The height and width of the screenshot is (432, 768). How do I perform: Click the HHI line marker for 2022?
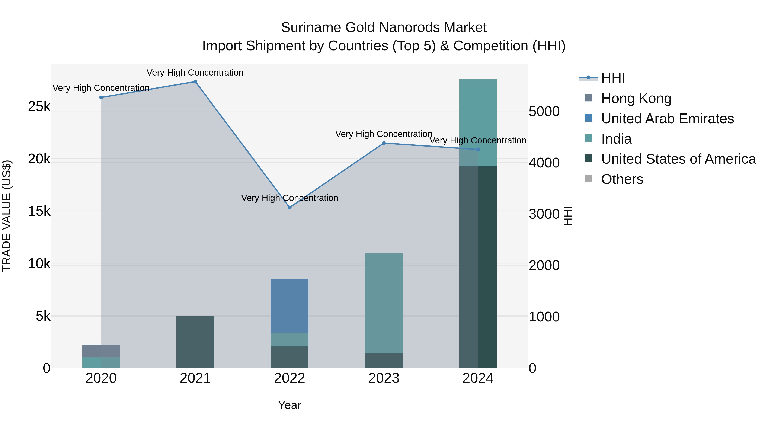(289, 208)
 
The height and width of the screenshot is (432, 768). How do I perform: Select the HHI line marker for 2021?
(195, 82)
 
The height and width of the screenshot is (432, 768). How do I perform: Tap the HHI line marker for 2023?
(384, 143)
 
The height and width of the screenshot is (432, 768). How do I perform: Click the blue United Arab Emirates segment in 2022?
(289, 305)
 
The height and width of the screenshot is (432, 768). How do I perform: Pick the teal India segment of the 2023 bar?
(384, 303)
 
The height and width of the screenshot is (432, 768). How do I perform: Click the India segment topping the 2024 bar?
(478, 122)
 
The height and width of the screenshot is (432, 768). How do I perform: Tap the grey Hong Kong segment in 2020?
(101, 351)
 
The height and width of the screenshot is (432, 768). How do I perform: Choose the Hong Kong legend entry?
(636, 98)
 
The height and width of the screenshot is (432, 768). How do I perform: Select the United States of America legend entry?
(678, 159)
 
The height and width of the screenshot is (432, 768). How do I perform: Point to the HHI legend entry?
(613, 78)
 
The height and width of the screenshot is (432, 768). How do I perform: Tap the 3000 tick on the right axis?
(544, 214)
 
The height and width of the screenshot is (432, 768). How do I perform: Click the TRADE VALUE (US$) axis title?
(7, 216)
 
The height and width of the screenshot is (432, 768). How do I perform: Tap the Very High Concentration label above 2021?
(195, 73)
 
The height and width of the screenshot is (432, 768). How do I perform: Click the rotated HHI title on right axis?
(568, 216)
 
